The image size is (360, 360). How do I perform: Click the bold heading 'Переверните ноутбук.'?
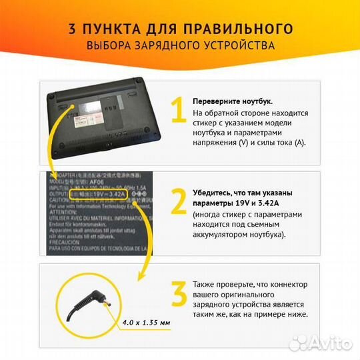[232, 101]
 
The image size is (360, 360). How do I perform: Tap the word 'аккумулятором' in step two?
[223, 235]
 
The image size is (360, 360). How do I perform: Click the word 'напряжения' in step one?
[215, 143]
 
